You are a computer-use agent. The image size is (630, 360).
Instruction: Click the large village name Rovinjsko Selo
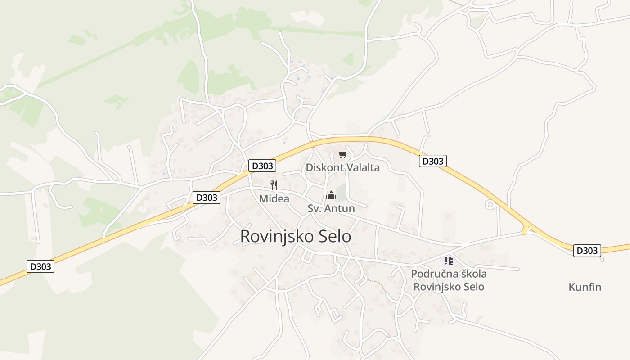pos(296,236)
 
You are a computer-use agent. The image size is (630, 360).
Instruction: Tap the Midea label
pos(274,198)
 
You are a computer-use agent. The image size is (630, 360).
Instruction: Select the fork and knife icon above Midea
pos(274,185)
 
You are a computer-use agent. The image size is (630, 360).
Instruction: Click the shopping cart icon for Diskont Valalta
pos(343,155)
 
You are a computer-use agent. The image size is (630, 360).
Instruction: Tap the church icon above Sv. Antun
pos(331,195)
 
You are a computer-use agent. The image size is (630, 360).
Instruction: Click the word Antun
pos(341,208)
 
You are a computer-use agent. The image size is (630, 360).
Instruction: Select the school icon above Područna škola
pos(448,261)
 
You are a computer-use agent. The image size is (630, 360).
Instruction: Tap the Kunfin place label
pos(585,287)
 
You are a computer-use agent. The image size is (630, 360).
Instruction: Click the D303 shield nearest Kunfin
pos(587,251)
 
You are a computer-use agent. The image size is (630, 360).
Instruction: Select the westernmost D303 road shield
pos(40,266)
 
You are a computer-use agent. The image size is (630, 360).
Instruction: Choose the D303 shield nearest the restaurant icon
pos(262,166)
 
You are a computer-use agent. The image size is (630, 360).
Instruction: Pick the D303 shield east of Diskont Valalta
pos(432,161)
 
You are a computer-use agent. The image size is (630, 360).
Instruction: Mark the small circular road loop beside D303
pos(490,205)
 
